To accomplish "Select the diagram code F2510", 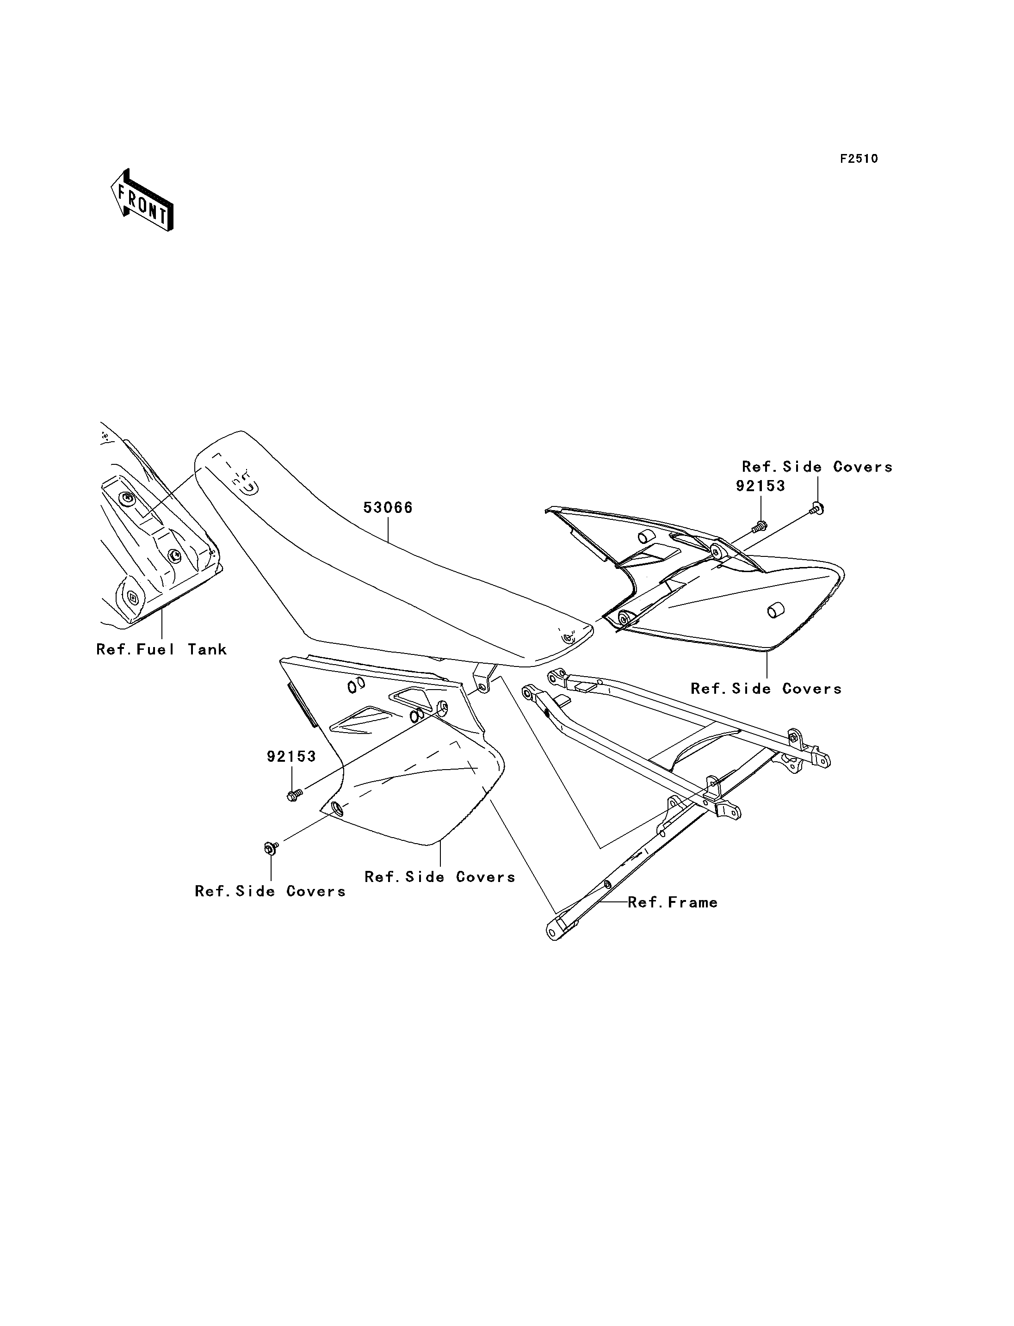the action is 859,159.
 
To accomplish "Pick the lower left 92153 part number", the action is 291,756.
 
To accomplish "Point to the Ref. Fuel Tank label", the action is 162,649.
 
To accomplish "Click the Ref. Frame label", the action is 673,902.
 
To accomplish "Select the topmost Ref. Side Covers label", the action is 817,467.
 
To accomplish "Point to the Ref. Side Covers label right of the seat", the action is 766,689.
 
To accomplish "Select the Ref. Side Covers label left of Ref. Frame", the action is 440,877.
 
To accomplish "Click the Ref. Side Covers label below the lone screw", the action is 271,891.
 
